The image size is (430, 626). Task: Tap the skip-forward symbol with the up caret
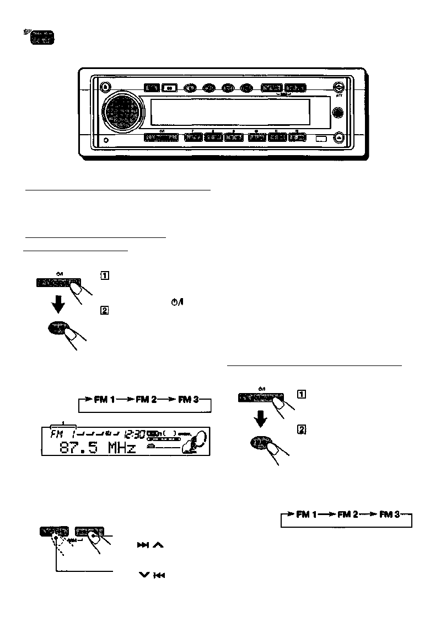[x=149, y=545]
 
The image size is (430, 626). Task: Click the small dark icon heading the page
[x=43, y=37]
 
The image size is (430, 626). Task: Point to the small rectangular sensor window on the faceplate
[x=322, y=139]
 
